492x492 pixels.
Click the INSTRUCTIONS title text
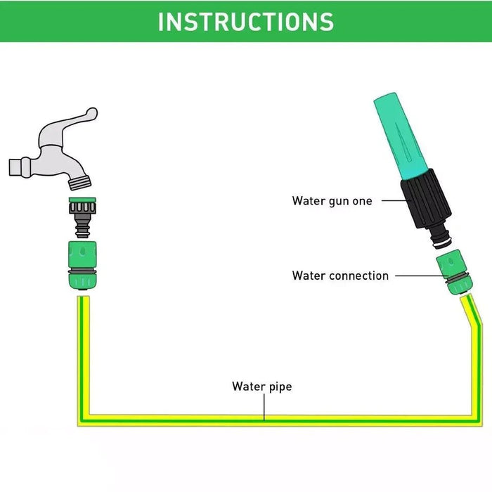pyautogui.click(x=246, y=22)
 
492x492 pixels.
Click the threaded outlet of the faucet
pyautogui.click(x=80, y=181)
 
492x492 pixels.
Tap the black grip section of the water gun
pyautogui.click(x=421, y=205)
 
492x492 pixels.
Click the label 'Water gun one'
pyautogui.click(x=332, y=201)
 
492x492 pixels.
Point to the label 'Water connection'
pyautogui.click(x=340, y=276)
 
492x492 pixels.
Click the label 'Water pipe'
pyautogui.click(x=261, y=387)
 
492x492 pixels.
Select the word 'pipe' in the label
pyautogui.click(x=280, y=387)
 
